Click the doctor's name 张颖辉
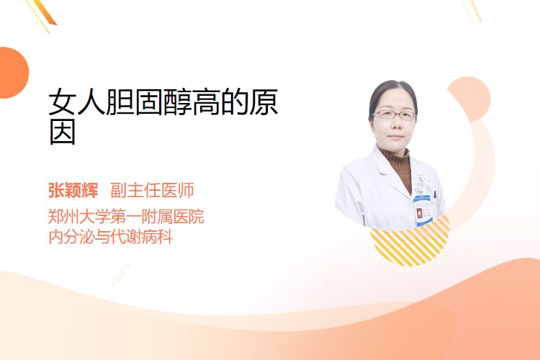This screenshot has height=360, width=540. point(73,190)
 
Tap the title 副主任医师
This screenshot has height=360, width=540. point(152,190)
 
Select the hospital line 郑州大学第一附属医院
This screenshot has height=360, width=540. point(126,216)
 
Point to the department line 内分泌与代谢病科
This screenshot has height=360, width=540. point(111,237)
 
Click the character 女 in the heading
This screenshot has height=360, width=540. point(63,102)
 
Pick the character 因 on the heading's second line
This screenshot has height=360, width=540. point(63,132)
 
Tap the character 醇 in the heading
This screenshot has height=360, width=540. point(177,102)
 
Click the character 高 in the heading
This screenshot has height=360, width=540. point(206,102)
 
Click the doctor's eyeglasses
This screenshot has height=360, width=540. point(394,114)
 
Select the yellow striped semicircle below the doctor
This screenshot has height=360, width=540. point(410,240)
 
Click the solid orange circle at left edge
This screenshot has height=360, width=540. point(13,73)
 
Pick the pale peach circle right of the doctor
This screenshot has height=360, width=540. point(469,99)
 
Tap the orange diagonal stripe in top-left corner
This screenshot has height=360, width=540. point(44,12)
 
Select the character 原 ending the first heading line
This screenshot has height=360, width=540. point(264,102)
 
